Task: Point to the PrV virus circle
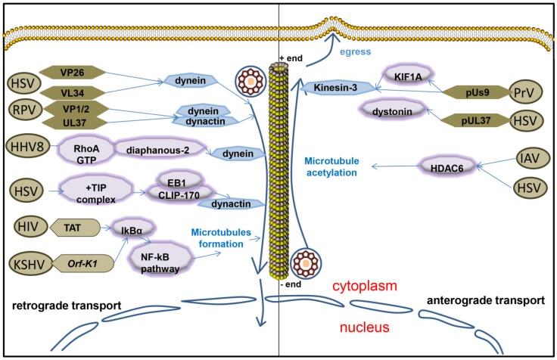525,92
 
